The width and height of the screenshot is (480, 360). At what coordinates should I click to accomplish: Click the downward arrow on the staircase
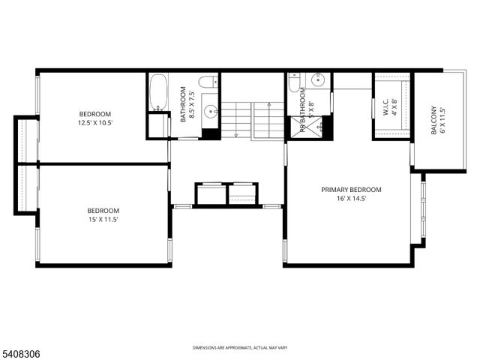coord(236,134)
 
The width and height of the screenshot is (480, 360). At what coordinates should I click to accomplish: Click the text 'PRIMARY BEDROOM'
coord(351,190)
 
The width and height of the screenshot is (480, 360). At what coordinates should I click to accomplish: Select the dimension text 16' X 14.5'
coord(351,199)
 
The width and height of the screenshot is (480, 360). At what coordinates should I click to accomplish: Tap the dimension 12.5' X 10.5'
coord(95,123)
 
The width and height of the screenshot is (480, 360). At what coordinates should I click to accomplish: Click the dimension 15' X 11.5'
coord(103,220)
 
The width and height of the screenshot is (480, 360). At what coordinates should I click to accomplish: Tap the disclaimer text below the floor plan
coord(239,348)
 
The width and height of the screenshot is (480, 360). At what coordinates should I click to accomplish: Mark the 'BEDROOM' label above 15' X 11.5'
coord(103,211)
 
